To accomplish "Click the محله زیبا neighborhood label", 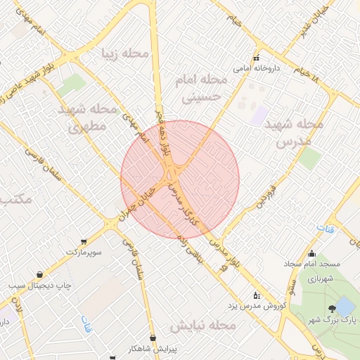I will [x=126, y=53].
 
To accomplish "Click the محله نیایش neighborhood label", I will [x=201, y=326].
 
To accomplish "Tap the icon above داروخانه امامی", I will [x=257, y=58].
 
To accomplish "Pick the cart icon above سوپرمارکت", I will [x=84, y=240].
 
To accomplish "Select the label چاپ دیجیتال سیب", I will [x=36, y=286].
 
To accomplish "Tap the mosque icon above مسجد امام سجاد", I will [x=311, y=254].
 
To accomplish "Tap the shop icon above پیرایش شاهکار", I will [x=153, y=337].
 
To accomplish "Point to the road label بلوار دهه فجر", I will [x=165, y=132].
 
